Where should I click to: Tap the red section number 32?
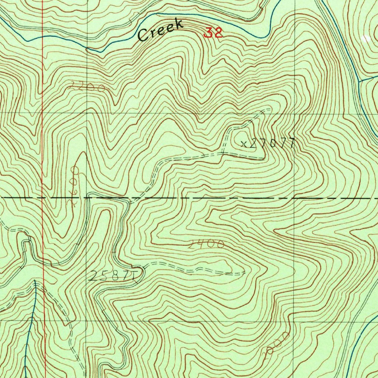(x=213, y=33)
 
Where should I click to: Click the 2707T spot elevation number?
(x=272, y=143)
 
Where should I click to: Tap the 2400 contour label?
(x=206, y=244)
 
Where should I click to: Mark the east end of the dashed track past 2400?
(x=244, y=274)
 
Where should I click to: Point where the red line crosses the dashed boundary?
(x=43, y=198)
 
